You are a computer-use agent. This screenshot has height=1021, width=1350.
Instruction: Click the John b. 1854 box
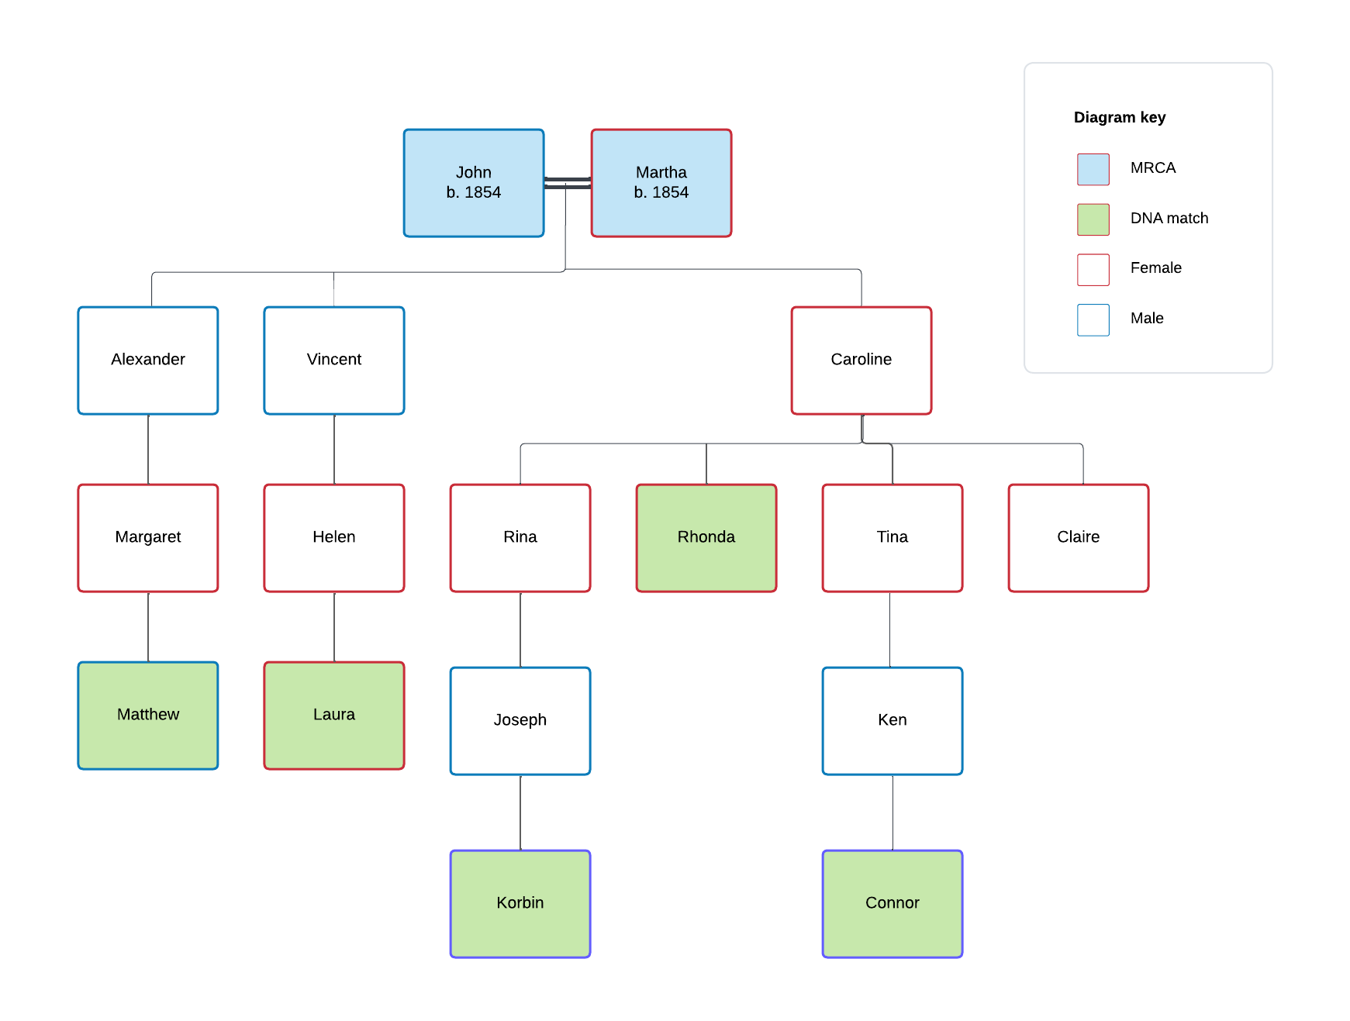click(x=474, y=183)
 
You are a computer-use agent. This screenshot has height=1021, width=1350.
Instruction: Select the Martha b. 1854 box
click(x=661, y=183)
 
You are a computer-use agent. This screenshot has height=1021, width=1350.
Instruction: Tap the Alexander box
click(x=148, y=360)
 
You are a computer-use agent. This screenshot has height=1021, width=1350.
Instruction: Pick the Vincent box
click(x=334, y=360)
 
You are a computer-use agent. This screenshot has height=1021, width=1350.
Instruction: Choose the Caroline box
click(x=861, y=360)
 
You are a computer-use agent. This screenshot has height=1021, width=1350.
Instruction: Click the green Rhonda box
click(x=706, y=538)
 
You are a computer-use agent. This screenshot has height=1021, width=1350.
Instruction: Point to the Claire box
click(x=1079, y=538)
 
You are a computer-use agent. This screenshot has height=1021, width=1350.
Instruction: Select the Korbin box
click(x=520, y=904)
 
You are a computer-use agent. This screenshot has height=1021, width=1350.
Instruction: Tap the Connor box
click(x=893, y=904)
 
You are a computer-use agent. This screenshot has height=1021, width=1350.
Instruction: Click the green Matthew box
click(x=148, y=716)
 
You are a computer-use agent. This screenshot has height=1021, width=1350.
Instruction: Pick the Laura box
click(x=334, y=716)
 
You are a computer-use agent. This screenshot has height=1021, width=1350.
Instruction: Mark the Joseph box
click(x=520, y=721)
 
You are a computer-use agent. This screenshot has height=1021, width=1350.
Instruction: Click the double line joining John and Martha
click(x=568, y=183)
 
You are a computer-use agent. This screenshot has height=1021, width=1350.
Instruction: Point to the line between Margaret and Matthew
click(x=148, y=626)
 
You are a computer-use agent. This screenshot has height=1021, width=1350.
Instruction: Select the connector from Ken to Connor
click(x=893, y=812)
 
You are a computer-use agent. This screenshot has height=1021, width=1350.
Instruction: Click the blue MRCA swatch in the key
click(x=1093, y=169)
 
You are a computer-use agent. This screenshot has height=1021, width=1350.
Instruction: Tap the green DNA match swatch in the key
click(x=1093, y=219)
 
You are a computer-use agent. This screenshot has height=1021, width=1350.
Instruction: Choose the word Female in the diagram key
click(x=1155, y=268)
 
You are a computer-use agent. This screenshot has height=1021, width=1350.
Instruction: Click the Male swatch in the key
click(x=1093, y=319)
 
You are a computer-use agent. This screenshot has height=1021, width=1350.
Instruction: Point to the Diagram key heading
click(x=1120, y=118)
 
